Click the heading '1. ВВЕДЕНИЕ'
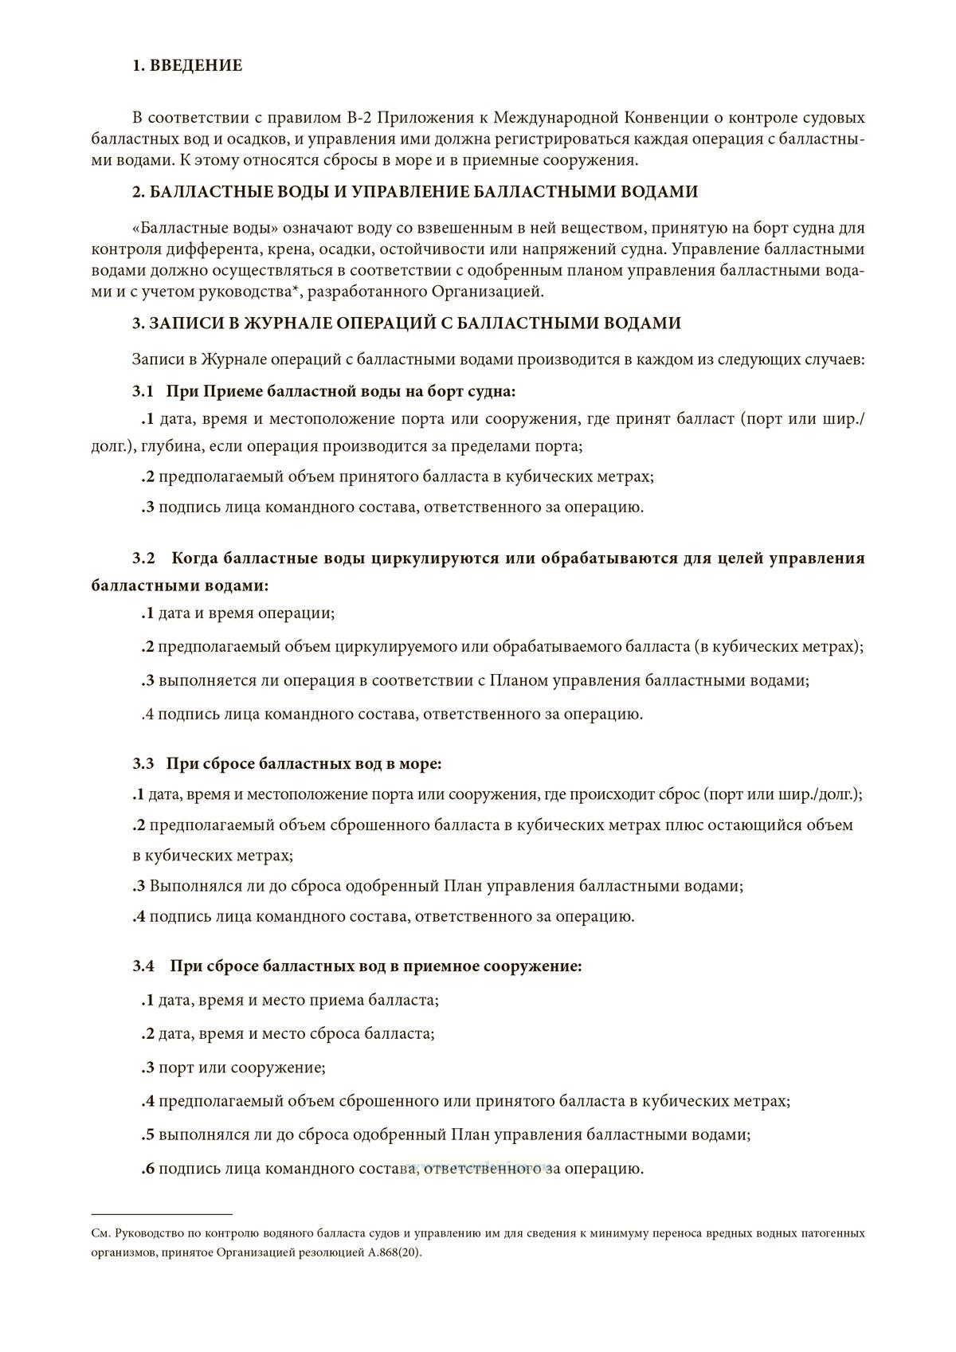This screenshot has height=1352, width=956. click(x=187, y=66)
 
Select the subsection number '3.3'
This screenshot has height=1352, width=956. click(x=143, y=764)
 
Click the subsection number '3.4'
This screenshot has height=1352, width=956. click(x=143, y=966)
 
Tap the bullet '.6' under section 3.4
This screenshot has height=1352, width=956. click(x=147, y=1169)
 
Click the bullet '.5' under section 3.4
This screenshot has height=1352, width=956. click(x=147, y=1135)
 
